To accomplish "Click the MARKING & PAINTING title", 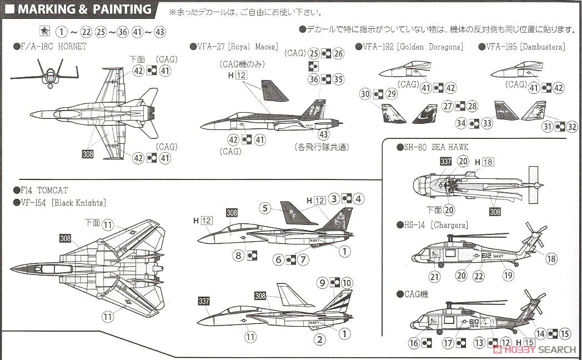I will click(x=83, y=9).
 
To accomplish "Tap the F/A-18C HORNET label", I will click(x=50, y=47).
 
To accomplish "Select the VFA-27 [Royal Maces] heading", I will click(x=234, y=47).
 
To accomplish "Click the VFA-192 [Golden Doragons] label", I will click(x=409, y=47).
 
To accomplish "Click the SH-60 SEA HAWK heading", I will click(x=433, y=147).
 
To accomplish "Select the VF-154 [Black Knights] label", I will click(x=59, y=202).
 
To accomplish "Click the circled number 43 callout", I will click(x=323, y=134).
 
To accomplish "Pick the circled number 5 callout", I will click(x=265, y=208).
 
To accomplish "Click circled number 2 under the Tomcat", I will click(x=320, y=338).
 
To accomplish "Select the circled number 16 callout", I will click(x=414, y=343).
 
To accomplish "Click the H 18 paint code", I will click(x=484, y=162).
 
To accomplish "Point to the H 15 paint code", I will click(x=525, y=343).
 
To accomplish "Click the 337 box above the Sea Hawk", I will click(x=445, y=162).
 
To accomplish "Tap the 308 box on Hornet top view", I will click(x=88, y=154).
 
